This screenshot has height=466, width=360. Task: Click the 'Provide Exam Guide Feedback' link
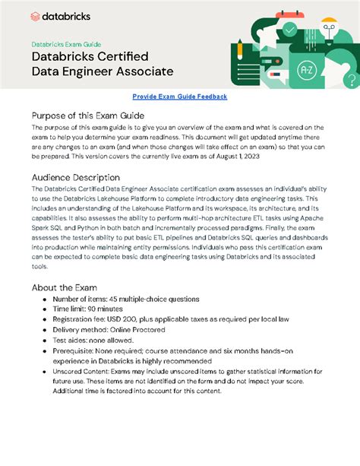pos(179,97)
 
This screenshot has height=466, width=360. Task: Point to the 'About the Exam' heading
pos(65,288)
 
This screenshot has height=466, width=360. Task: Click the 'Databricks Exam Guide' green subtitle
pos(66,44)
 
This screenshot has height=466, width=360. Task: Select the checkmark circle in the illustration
pos(290,30)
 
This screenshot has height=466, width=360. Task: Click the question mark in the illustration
pos(350,78)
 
